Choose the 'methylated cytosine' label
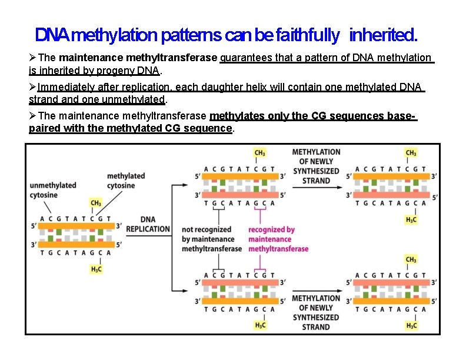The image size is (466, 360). click(126, 181)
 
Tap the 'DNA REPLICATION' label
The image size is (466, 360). click(148, 224)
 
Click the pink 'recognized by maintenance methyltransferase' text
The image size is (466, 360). click(278, 239)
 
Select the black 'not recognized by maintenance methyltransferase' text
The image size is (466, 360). click(212, 239)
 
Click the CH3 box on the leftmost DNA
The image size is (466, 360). click(95, 203)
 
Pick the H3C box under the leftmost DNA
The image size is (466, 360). click(95, 269)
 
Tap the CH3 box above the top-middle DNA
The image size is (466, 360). click(259, 153)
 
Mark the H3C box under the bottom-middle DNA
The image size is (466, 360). click(259, 325)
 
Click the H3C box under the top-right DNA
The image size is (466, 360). click(411, 219)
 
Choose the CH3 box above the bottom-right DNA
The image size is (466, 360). click(411, 259)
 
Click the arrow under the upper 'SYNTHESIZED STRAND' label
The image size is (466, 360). click(317, 188)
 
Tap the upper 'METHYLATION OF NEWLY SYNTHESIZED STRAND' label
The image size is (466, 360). click(317, 166)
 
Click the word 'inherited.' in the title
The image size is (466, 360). click(384, 36)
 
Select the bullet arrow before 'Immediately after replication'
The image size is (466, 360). click(33, 88)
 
